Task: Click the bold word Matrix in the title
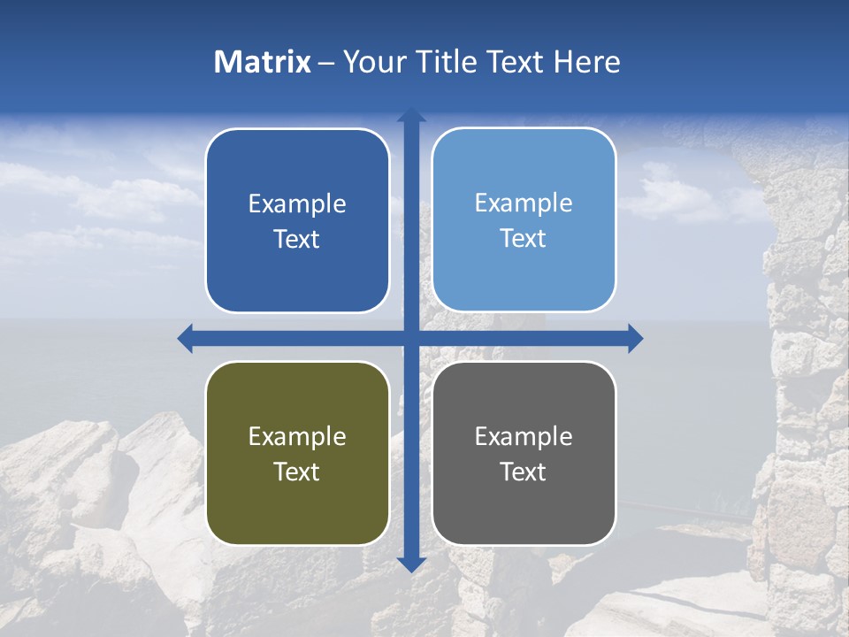coord(263,62)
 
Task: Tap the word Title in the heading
coord(447,62)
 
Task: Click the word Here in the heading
coord(586,62)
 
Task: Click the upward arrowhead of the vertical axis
coord(411,114)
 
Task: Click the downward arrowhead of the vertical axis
coord(411,564)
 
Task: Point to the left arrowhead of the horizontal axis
coord(185,338)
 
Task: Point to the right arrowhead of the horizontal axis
coord(635,338)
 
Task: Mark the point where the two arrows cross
coord(411,338)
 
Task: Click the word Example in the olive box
coord(297,436)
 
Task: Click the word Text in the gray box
coord(524,472)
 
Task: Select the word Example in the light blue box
coord(524,203)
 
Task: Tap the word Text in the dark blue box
coord(297,239)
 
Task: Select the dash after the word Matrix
coord(327,63)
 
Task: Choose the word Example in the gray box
coord(524,436)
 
